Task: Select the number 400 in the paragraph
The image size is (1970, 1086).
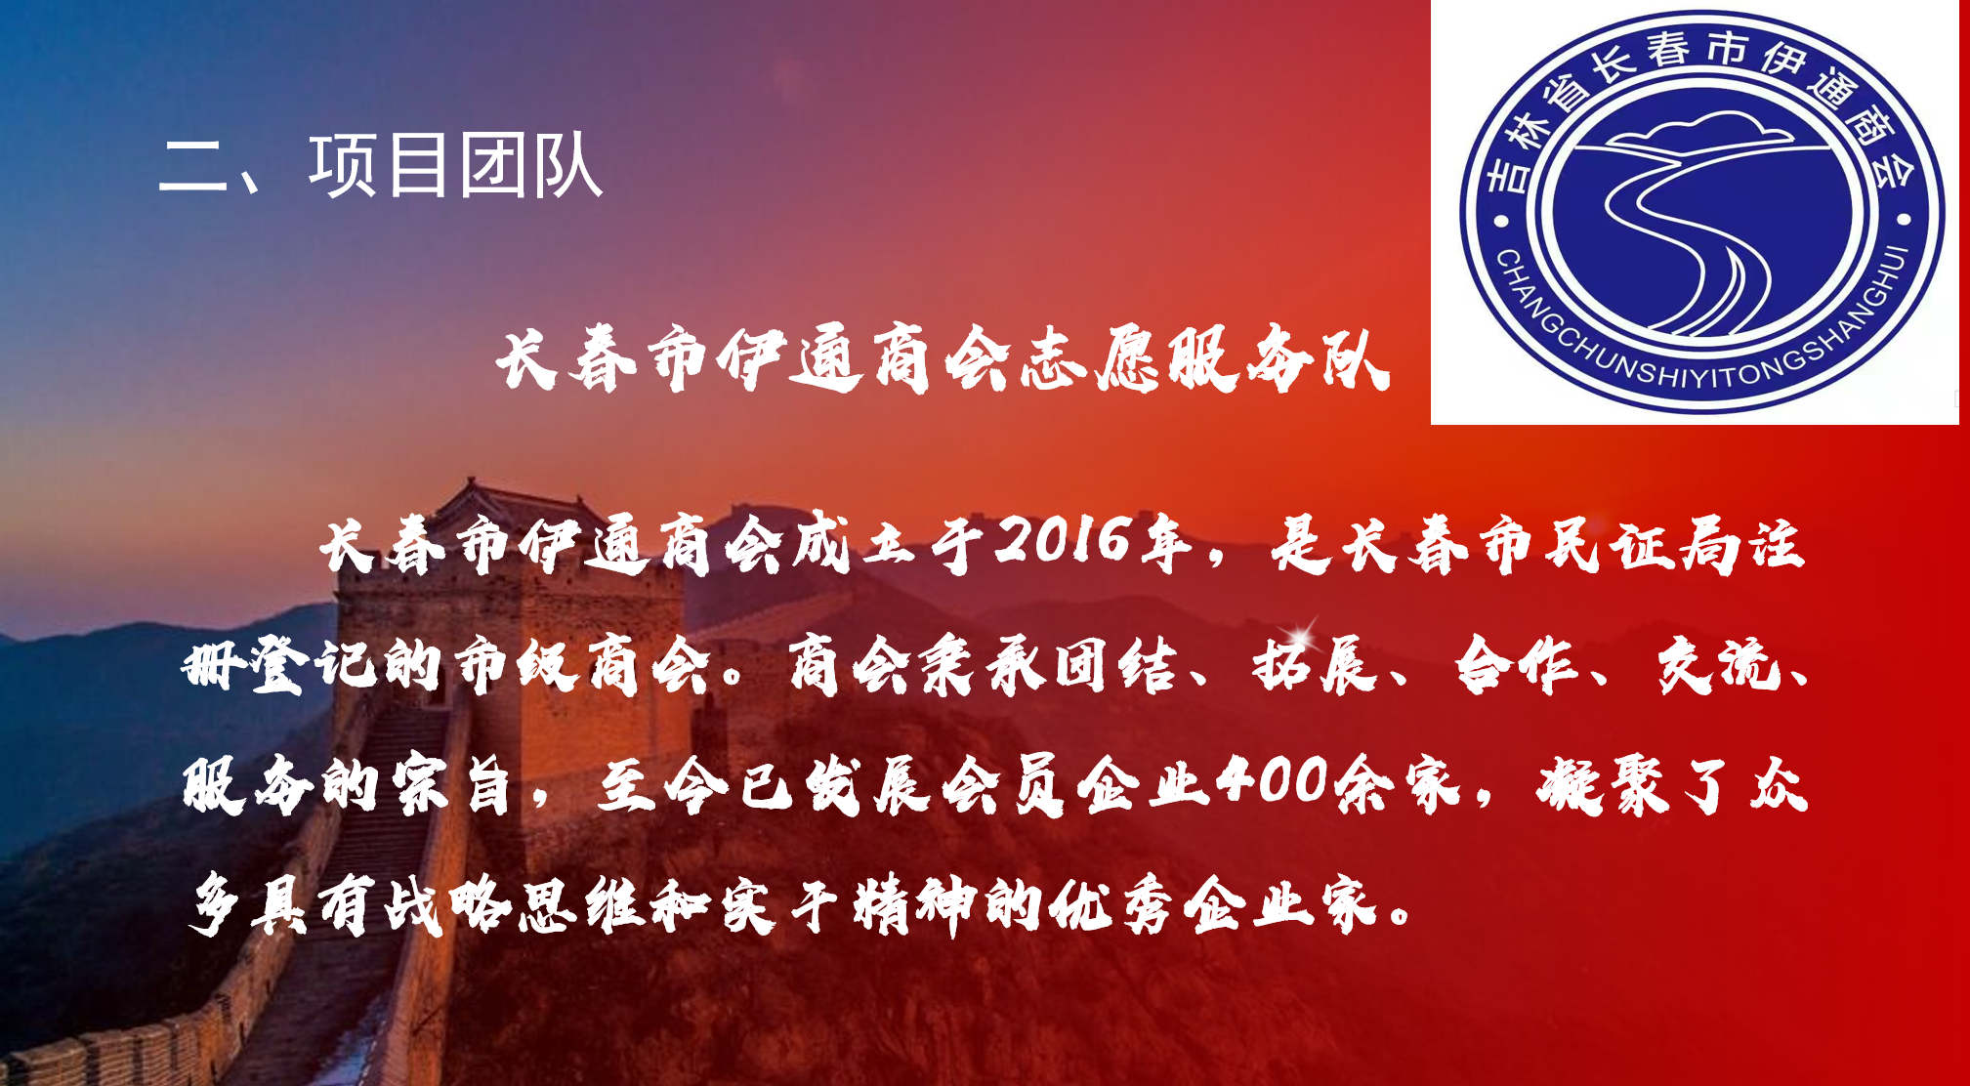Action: [1274, 781]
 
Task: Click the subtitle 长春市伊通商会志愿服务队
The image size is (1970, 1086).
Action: [942, 359]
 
